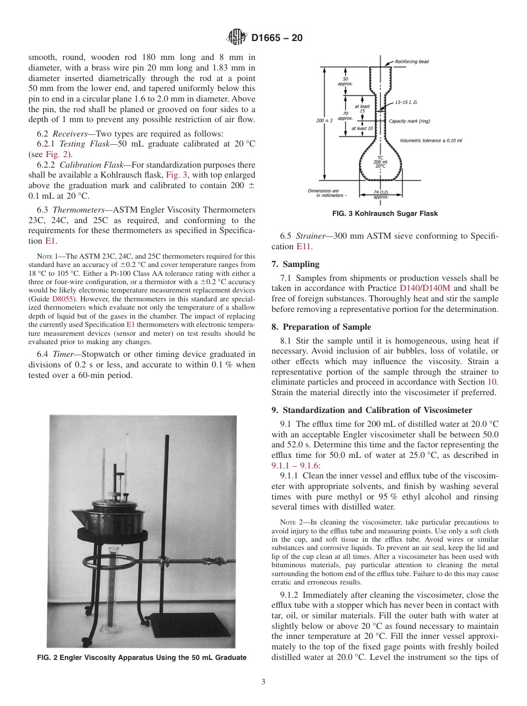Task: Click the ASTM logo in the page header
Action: click(237, 38)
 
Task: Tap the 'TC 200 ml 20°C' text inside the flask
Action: click(380, 161)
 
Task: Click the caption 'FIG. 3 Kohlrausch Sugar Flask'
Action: click(384, 214)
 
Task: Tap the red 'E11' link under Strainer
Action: click(303, 246)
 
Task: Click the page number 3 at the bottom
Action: click(263, 682)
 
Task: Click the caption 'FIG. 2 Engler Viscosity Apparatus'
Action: click(141, 658)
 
